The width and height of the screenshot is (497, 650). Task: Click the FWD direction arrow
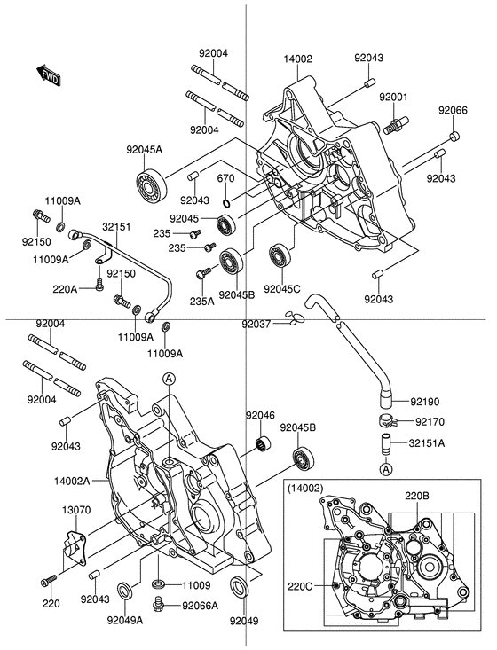[48, 75]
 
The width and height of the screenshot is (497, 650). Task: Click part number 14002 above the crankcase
[298, 59]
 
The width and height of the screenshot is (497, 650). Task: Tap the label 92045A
[145, 150]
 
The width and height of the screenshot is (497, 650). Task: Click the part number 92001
[393, 97]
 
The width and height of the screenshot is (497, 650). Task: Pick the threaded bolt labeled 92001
[394, 124]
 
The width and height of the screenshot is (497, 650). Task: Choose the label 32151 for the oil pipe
[116, 227]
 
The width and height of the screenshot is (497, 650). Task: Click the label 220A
[65, 289]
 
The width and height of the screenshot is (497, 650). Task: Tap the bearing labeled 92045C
[281, 256]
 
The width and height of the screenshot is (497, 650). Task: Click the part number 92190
[425, 402]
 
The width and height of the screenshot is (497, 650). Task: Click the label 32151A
[427, 443]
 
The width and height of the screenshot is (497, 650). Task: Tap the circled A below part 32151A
[386, 470]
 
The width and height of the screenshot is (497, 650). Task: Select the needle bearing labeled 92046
[262, 444]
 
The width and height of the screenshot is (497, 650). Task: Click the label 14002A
[72, 481]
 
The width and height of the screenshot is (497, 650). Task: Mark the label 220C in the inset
[301, 586]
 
